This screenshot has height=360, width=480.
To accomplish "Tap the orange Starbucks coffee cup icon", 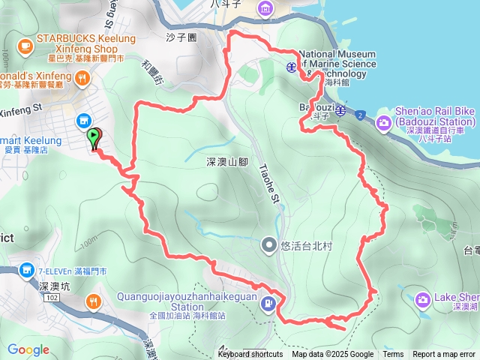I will (x=26, y=47).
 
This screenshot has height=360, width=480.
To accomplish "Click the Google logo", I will (x=28, y=349).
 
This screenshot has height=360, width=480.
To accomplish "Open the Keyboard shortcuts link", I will (x=250, y=355).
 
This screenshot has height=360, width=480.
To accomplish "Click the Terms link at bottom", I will (x=393, y=355).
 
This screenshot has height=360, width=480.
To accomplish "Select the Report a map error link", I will (x=444, y=355).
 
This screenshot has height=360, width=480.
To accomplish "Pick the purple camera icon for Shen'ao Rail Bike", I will (x=384, y=122).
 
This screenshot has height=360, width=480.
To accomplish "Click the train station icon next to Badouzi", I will (x=340, y=111).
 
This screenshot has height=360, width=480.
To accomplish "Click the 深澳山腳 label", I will (x=226, y=161).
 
